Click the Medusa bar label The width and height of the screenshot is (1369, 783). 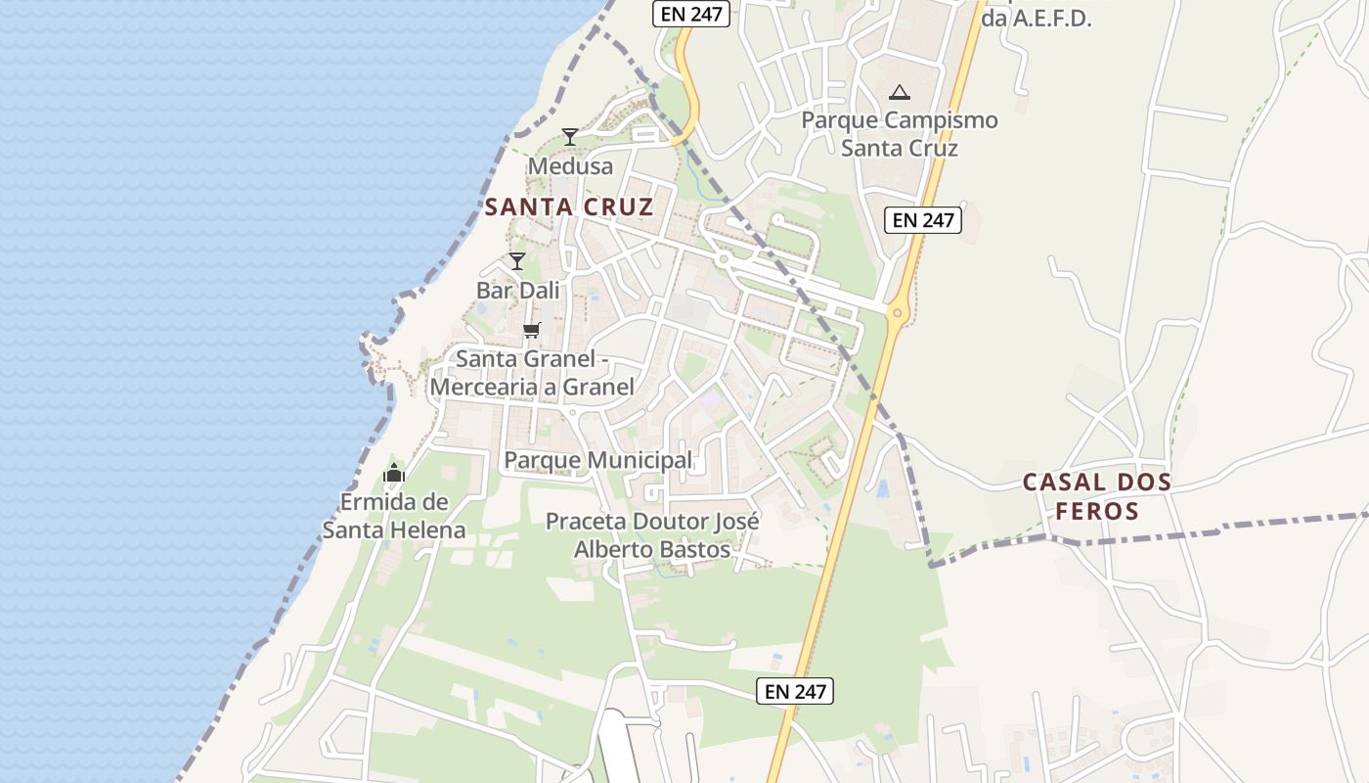[570, 166]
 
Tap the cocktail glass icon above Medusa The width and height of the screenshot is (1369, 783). [570, 136]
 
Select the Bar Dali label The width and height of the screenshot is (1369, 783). [517, 291]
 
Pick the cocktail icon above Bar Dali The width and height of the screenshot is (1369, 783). [517, 261]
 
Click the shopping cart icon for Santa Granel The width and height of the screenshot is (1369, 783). [531, 330]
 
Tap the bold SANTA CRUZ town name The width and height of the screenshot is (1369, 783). [568, 207]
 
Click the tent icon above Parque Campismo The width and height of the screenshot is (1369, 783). [899, 93]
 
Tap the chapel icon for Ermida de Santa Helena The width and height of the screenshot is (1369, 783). [394, 474]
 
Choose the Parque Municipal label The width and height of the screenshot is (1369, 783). [597, 460]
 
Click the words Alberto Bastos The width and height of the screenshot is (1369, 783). [651, 549]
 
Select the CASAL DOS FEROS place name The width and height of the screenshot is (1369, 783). [1096, 496]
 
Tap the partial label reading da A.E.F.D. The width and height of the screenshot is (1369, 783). [1036, 18]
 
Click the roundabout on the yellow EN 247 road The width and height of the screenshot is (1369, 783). [896, 313]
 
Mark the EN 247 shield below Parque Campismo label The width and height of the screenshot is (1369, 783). [923, 220]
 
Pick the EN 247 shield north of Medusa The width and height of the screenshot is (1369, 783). [691, 14]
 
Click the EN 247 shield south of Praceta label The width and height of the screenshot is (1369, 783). [795, 691]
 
